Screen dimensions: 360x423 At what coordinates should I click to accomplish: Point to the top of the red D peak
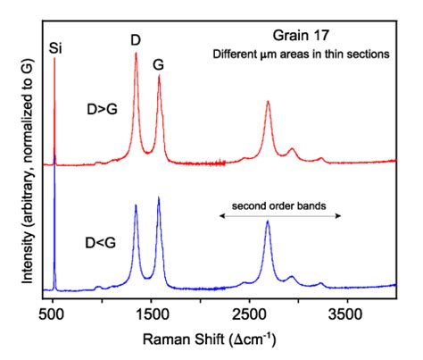coord(136,54)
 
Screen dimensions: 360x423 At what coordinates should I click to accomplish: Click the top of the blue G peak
coord(159,197)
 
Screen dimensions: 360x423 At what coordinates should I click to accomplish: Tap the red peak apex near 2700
coord(269,102)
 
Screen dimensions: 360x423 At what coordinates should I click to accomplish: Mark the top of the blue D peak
coord(136,206)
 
